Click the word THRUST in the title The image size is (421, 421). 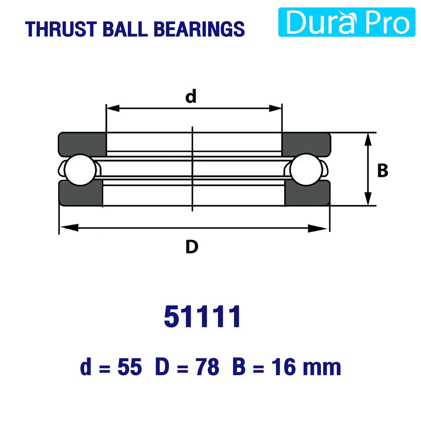click(61, 29)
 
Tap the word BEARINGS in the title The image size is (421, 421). click(199, 29)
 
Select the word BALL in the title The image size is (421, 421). click(125, 29)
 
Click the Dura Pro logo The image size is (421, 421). click(347, 22)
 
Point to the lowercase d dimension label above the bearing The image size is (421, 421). click(191, 96)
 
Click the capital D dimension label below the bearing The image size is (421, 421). click(192, 247)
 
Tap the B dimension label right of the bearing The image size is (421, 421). click(383, 171)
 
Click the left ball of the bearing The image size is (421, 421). click(80, 170)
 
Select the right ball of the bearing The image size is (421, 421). click(306, 169)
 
